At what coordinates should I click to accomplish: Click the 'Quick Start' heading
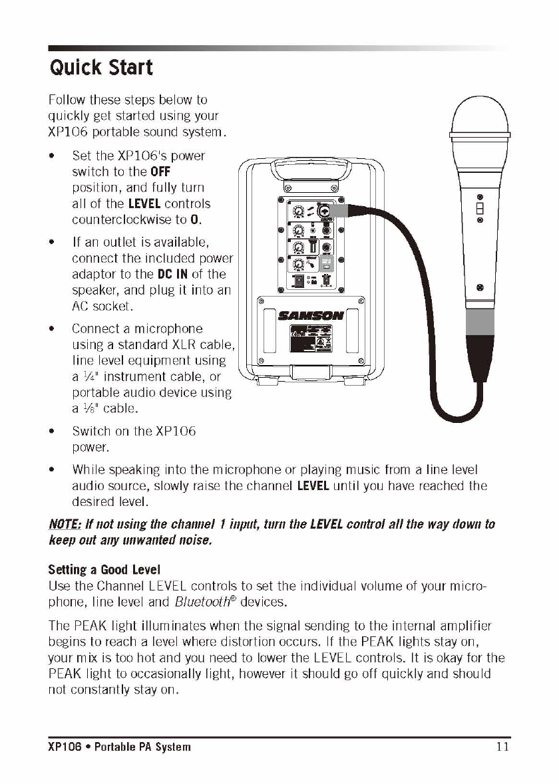click(100, 67)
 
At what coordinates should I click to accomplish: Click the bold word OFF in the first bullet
click(161, 172)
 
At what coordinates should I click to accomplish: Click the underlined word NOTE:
click(65, 525)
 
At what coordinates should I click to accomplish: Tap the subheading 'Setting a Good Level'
click(104, 571)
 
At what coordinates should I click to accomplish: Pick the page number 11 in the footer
click(502, 746)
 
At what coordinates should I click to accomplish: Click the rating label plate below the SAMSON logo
click(311, 341)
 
